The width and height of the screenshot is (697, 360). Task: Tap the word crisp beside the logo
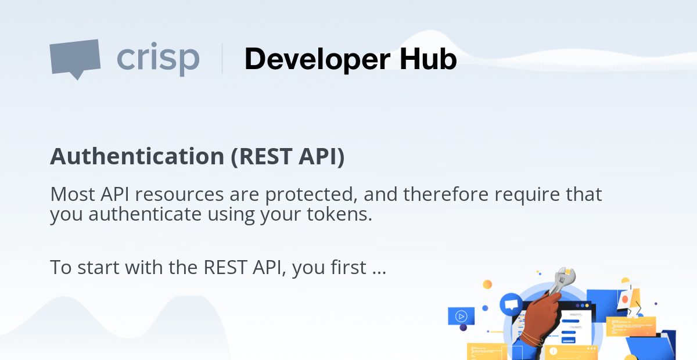point(158,59)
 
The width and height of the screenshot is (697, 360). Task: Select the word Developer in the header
point(317,60)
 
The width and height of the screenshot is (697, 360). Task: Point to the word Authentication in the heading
point(137,156)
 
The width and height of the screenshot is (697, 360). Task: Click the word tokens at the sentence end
point(339,214)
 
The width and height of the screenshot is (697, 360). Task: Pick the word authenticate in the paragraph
point(145,214)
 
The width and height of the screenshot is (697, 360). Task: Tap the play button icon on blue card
point(461,316)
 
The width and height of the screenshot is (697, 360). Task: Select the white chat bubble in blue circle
point(511,304)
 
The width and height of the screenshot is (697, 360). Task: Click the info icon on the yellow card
point(553,351)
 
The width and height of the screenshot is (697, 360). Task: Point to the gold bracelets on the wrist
point(531,340)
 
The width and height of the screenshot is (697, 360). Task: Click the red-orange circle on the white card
point(625,299)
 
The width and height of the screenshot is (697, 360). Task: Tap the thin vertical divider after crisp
point(222,59)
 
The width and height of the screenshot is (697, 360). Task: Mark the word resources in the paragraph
point(179,195)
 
